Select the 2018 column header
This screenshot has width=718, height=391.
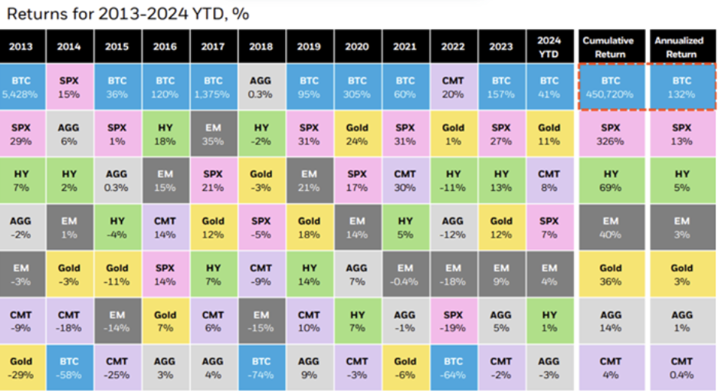(261, 47)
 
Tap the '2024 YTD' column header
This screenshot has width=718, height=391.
(549, 47)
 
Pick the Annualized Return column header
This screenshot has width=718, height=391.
(681, 47)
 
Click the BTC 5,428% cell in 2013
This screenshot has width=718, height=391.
(21, 87)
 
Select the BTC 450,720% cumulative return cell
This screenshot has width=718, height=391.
(610, 87)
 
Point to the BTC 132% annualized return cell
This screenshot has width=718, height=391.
(681, 87)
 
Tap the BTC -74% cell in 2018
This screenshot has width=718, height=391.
(261, 367)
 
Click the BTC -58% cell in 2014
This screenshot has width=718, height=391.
(69, 367)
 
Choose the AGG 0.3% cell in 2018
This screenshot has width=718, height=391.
(261, 87)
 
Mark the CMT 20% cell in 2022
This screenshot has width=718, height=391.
(453, 87)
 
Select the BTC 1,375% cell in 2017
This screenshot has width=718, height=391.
(213, 87)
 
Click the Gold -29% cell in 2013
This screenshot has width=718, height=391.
(21, 367)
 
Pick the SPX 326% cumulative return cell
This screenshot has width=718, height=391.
(610, 133)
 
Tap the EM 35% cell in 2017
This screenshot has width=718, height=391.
(213, 133)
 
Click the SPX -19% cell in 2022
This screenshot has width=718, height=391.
(453, 320)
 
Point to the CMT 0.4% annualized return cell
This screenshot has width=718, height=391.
(681, 367)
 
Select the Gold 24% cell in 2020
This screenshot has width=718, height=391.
(356, 133)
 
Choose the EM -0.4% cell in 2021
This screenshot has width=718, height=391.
(405, 274)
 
